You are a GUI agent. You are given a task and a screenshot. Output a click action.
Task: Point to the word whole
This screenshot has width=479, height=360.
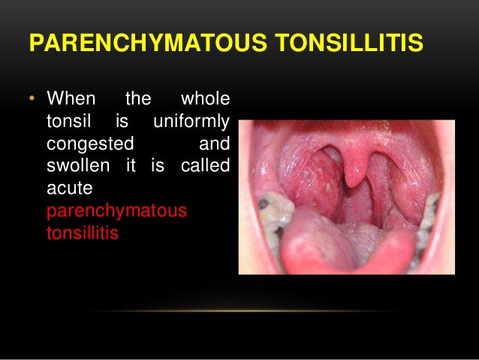(x=206, y=100)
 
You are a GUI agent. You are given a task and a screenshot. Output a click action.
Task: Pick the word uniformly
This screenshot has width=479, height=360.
(x=190, y=122)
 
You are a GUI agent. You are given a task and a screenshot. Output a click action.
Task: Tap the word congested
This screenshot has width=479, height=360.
(x=90, y=143)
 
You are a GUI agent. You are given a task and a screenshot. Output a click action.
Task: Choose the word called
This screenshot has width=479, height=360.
(x=205, y=165)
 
